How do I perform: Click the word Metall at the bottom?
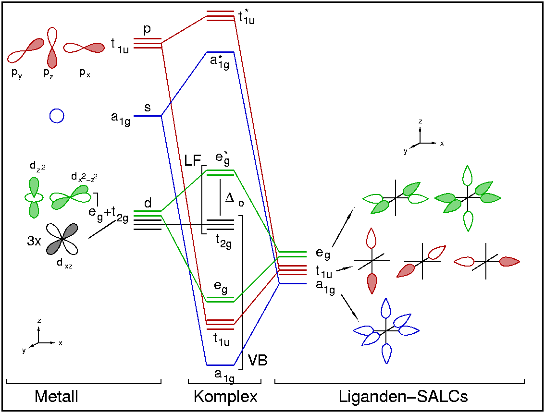pos(56,397)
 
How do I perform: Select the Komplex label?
pos(225,397)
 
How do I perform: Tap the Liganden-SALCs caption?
pos(403,397)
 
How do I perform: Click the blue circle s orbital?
pos(57,116)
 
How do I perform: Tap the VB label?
pos(258,360)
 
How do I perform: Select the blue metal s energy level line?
pos(147,116)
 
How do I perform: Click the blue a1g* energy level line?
pos(220,52)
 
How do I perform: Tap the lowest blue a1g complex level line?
pos(220,365)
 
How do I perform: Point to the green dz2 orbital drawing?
pos(34,197)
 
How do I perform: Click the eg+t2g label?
pos(108,215)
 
